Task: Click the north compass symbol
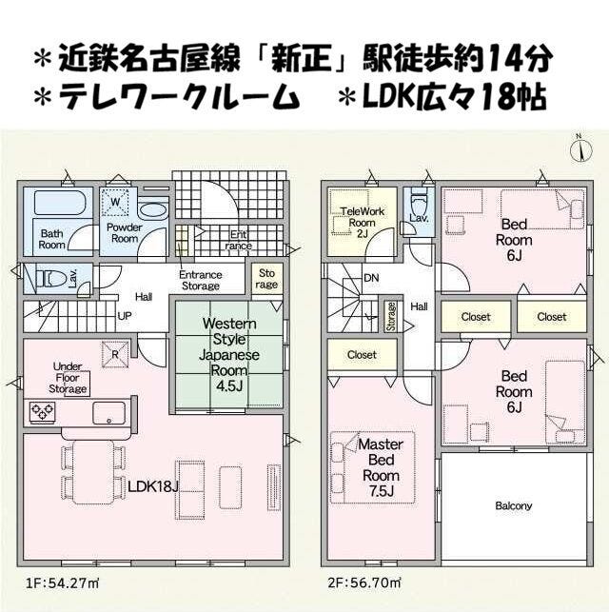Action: click(x=580, y=148)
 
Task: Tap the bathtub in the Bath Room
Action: click(x=63, y=202)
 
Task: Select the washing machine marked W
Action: click(x=115, y=202)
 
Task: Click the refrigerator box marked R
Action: click(x=115, y=354)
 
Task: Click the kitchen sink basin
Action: click(x=108, y=413)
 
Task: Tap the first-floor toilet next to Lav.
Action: click(x=50, y=279)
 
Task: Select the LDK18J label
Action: click(x=153, y=486)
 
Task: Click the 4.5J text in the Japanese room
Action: click(x=229, y=386)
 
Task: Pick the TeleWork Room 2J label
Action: click(x=362, y=223)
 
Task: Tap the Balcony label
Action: click(x=514, y=505)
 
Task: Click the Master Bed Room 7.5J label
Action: click(x=381, y=467)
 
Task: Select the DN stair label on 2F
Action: click(x=371, y=278)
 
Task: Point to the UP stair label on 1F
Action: click(x=125, y=316)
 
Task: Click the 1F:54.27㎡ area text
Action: click(x=63, y=583)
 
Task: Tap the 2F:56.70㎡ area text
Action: click(x=364, y=583)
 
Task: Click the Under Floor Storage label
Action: click(x=68, y=378)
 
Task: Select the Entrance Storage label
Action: click(x=201, y=280)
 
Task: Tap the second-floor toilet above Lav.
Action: click(x=419, y=203)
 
